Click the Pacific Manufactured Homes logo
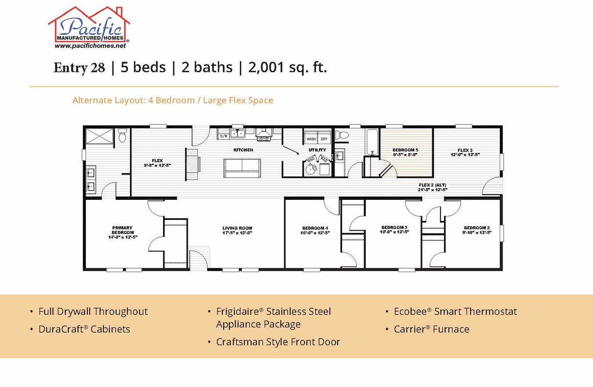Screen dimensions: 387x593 tap(89, 25)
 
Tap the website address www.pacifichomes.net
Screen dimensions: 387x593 tap(90, 45)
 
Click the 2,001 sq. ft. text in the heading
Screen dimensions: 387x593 tap(287, 67)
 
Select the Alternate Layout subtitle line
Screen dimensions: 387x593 tap(172, 100)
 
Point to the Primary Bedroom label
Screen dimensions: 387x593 tap(122, 232)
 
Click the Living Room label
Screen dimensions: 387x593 tap(237, 230)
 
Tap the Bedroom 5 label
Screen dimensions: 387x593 tap(405, 151)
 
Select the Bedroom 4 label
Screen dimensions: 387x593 tap(315, 230)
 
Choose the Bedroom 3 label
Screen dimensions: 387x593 tap(394, 230)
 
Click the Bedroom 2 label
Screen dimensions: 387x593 tap(477, 230)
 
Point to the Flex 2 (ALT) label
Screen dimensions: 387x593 tap(432, 187)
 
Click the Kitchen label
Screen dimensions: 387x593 tap(243, 150)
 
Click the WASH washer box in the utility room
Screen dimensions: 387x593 tap(311, 139)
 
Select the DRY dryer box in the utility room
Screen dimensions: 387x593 tap(324, 139)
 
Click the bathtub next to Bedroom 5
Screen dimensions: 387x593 tap(371, 142)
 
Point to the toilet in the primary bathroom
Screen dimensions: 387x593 tap(122, 134)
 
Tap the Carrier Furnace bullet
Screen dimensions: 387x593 tap(431, 329)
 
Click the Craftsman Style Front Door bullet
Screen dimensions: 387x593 tap(278, 342)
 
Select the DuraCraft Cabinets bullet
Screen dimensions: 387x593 tap(84, 329)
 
